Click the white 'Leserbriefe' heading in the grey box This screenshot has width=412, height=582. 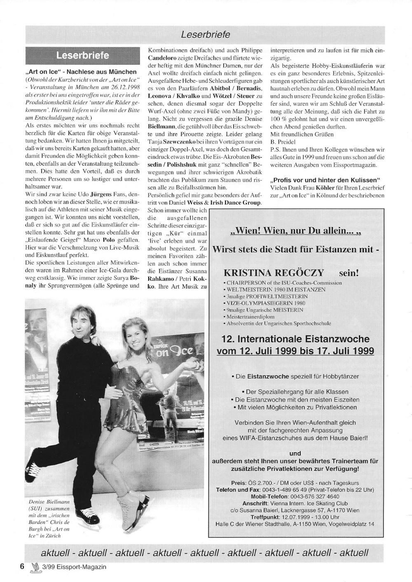coord(82,55)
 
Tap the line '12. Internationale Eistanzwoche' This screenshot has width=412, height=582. coord(295,339)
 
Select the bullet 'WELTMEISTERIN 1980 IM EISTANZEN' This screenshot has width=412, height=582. coord(276,290)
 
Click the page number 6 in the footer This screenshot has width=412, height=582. coord(22,566)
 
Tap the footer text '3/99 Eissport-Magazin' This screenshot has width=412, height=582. coord(74,567)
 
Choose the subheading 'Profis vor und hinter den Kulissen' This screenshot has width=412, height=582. coord(326,180)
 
